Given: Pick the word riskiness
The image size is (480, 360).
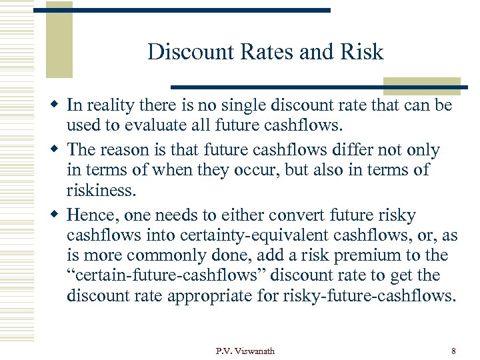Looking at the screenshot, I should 101,191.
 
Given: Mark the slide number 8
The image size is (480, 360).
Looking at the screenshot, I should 453,350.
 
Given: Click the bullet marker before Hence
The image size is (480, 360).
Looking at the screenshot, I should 58,216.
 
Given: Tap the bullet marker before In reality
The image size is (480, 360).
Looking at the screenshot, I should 58,106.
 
